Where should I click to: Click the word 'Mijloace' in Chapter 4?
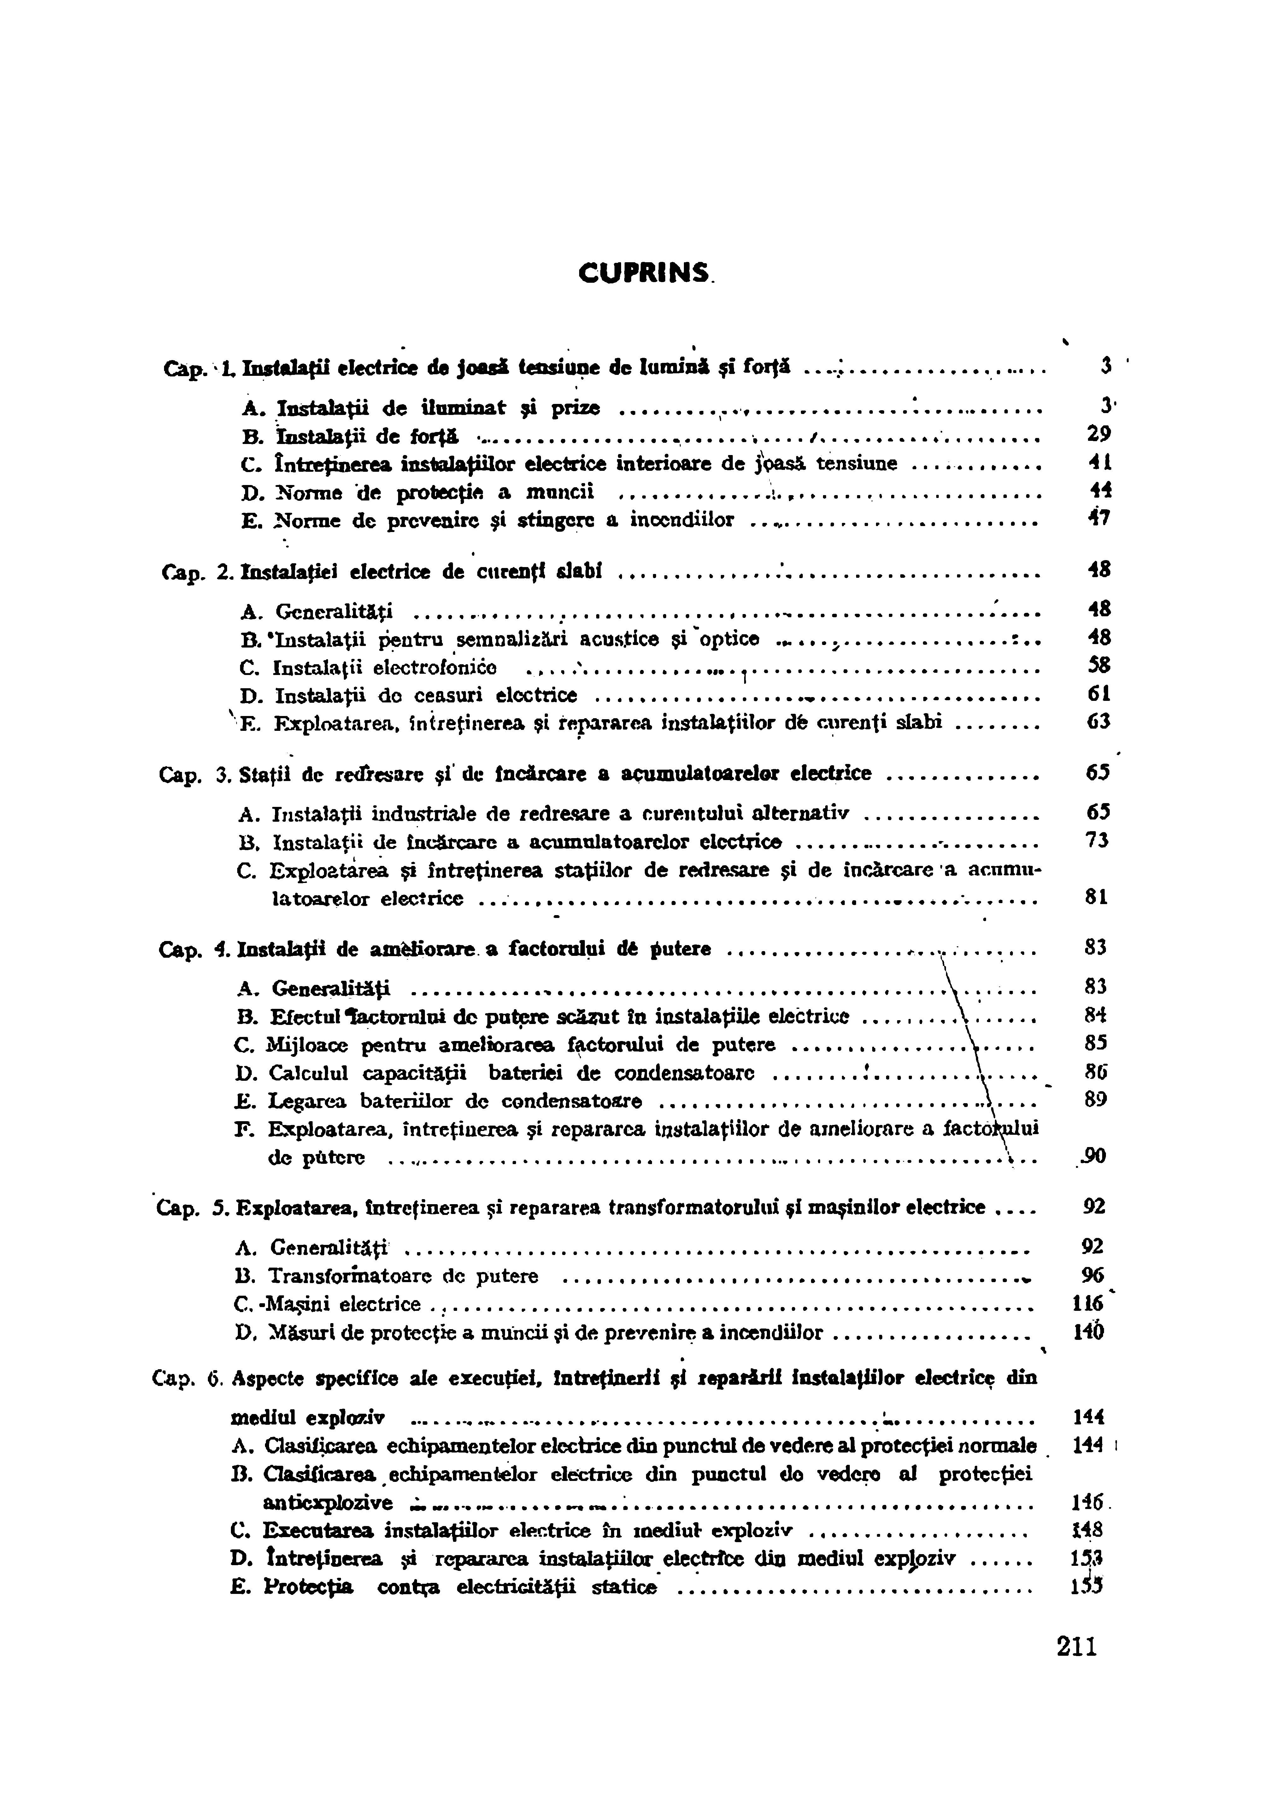pos(308,1045)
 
